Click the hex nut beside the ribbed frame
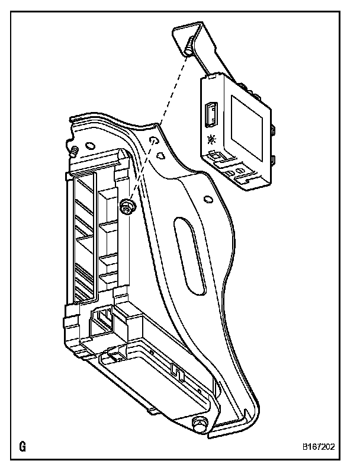(127, 206)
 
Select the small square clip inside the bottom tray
(176, 370)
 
